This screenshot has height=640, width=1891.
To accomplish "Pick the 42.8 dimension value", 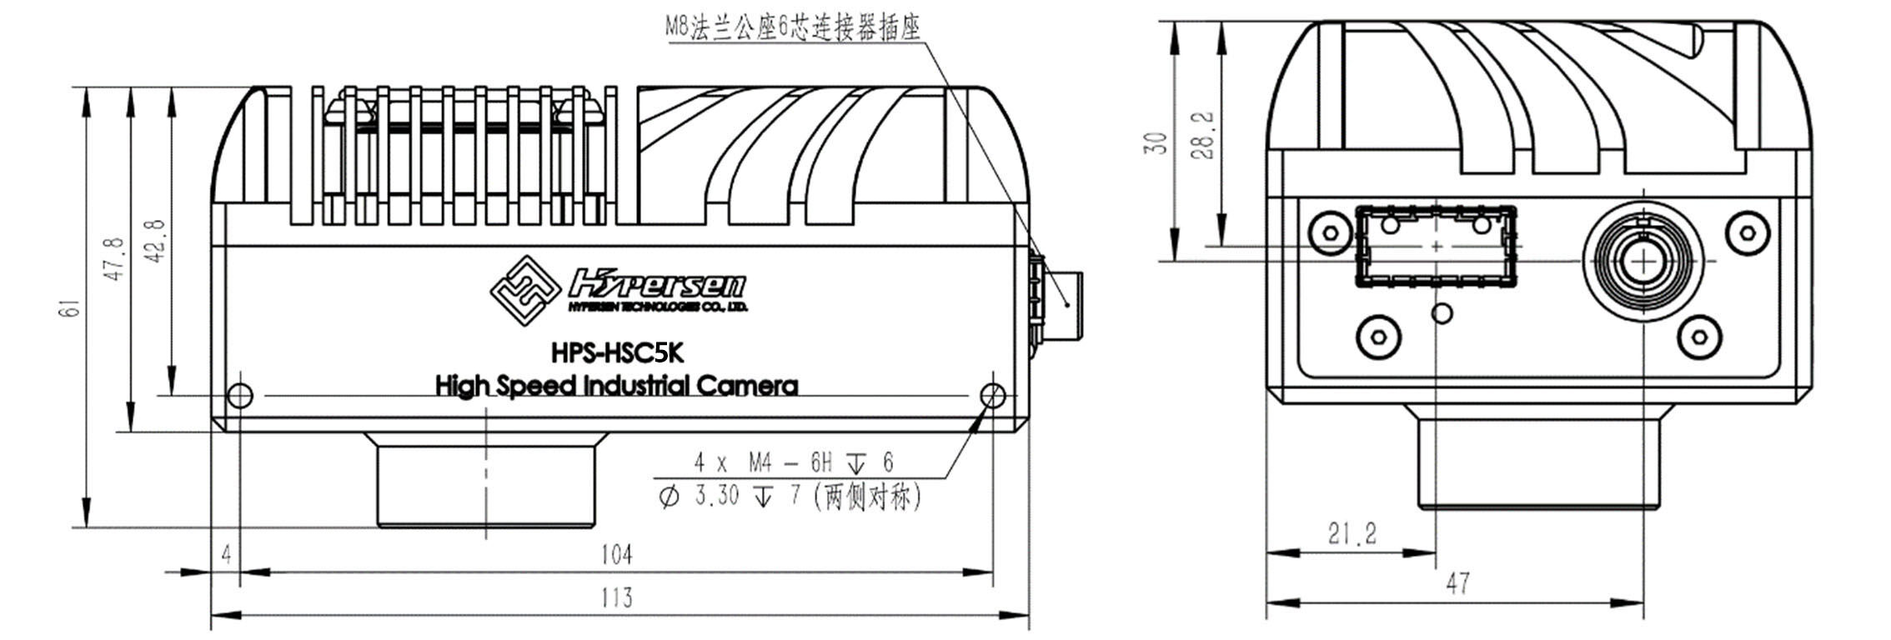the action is [156, 242].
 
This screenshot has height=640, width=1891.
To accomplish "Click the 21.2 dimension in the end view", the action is [1352, 533].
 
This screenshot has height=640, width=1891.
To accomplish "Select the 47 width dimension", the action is [1457, 583].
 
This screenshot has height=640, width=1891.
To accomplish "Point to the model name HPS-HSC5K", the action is [617, 353].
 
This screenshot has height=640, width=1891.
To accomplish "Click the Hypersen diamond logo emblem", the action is [524, 289].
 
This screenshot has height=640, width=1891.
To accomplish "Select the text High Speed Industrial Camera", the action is [617, 386].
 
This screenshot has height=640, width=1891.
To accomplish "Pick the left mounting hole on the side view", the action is [240, 396].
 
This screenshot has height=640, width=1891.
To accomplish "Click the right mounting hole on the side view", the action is [994, 396].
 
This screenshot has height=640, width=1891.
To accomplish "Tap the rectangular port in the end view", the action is [1437, 247].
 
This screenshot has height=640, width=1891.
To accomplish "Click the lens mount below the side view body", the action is [486, 480].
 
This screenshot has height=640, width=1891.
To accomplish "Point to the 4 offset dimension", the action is [226, 554].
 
